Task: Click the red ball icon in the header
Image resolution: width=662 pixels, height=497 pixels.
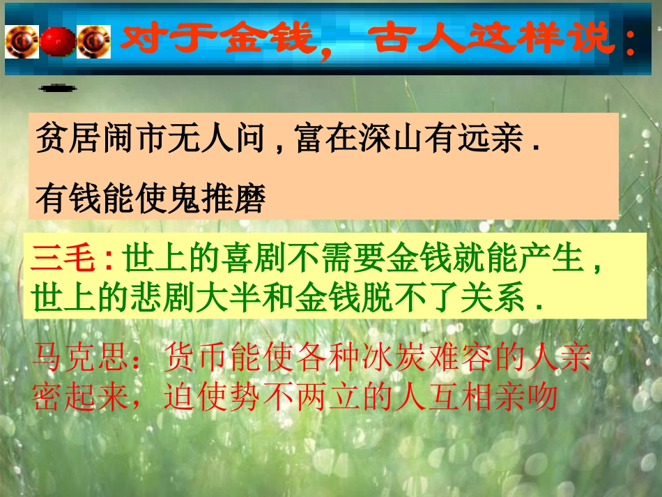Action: click(x=58, y=40)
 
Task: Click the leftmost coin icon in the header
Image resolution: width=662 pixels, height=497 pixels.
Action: click(x=22, y=40)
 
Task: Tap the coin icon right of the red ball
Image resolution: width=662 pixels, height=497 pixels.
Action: click(x=94, y=40)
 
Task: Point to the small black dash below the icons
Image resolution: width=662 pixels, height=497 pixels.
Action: click(x=59, y=89)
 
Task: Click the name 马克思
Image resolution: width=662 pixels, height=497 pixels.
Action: click(x=76, y=359)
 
